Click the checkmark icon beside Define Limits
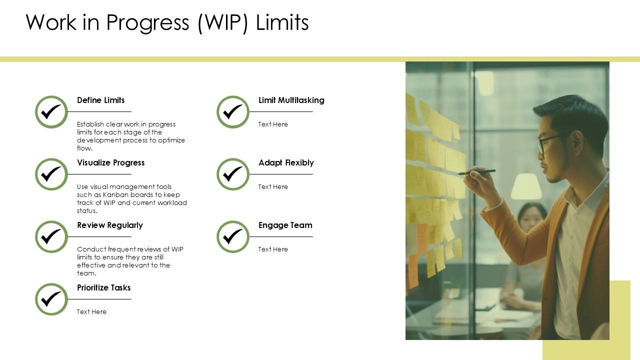pyautogui.click(x=51, y=112)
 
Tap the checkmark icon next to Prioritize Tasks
pyautogui.click(x=51, y=299)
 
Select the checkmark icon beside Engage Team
pyautogui.click(x=232, y=237)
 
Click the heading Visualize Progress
pyautogui.click(x=110, y=163)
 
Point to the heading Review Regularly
pyautogui.click(x=109, y=225)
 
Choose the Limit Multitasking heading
pyautogui.click(x=291, y=100)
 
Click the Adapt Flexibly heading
pyautogui.click(x=286, y=163)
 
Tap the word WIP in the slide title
pyautogui.click(x=222, y=23)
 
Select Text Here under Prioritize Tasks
pyautogui.click(x=91, y=312)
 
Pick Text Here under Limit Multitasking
pyautogui.click(x=273, y=124)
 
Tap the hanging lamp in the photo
pyautogui.click(x=526, y=186)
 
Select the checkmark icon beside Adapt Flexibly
pyautogui.click(x=232, y=174)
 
